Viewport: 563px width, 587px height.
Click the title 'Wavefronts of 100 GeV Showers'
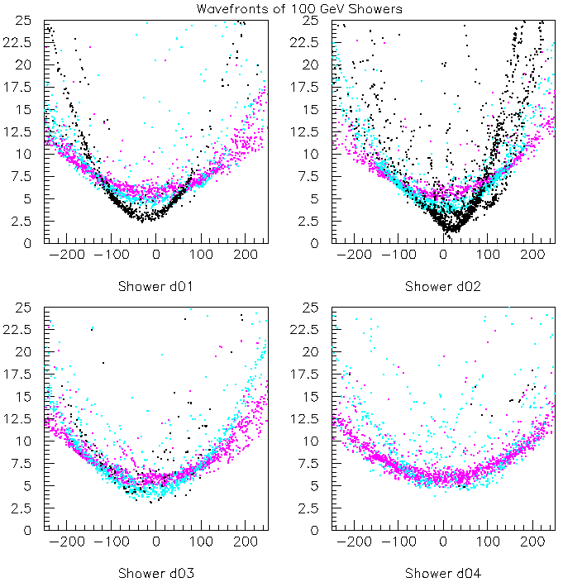299,9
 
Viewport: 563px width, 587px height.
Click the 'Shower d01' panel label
155,286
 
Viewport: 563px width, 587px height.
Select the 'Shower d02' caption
443,286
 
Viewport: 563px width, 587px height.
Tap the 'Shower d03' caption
155,573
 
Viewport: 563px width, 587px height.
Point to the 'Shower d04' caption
443,573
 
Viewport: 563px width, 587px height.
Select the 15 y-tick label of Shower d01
27,108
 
